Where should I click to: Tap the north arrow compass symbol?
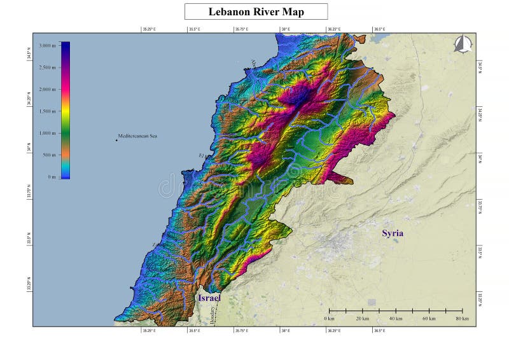click(463, 44)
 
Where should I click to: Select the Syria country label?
click(393, 233)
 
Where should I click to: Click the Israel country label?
click(209, 298)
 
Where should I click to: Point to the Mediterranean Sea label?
click(137, 136)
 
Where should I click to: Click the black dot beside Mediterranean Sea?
click(116, 140)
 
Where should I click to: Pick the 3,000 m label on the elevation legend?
click(48, 46)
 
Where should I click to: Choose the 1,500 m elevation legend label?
click(48, 111)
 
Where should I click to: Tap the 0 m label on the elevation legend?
click(51, 177)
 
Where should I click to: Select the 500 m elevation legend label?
click(50, 155)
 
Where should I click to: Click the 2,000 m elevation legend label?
click(48, 89)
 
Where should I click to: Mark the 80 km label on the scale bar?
click(462, 318)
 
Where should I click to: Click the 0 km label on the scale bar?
click(329, 318)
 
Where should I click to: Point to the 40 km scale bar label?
click(396, 318)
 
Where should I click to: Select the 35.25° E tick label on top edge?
click(149, 29)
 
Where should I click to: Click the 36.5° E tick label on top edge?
click(379, 29)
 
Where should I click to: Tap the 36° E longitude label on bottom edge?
click(286, 331)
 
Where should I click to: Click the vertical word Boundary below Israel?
click(212, 316)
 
